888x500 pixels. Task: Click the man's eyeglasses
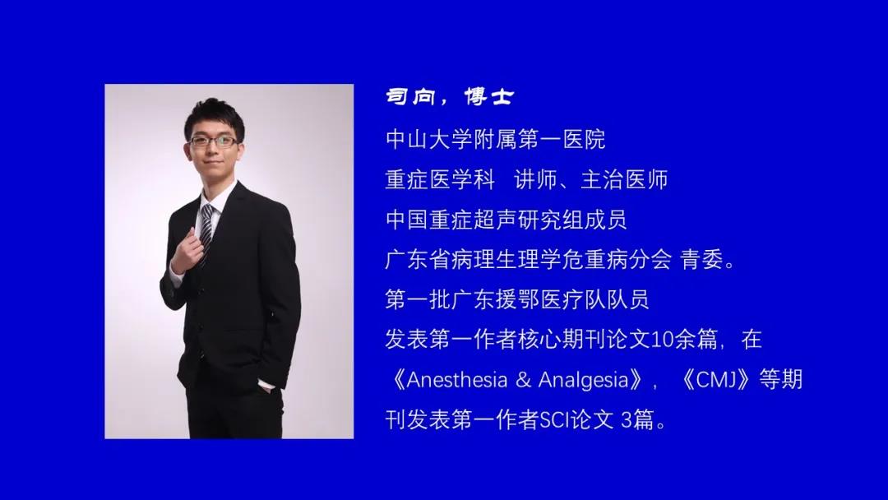pyautogui.click(x=214, y=141)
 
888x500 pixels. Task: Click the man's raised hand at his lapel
pyautogui.click(x=188, y=250)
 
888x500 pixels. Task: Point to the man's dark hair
pyautogui.click(x=215, y=117)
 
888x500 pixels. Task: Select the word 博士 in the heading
pyautogui.click(x=488, y=97)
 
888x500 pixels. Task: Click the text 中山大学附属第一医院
pyautogui.click(x=496, y=139)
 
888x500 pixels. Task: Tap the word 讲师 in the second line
pyautogui.click(x=536, y=179)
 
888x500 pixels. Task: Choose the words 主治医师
pyautogui.click(x=624, y=179)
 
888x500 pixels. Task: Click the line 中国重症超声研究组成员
pyautogui.click(x=506, y=220)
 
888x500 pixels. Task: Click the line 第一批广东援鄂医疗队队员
pyautogui.click(x=517, y=299)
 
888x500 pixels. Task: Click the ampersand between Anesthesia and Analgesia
pyautogui.click(x=523, y=380)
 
